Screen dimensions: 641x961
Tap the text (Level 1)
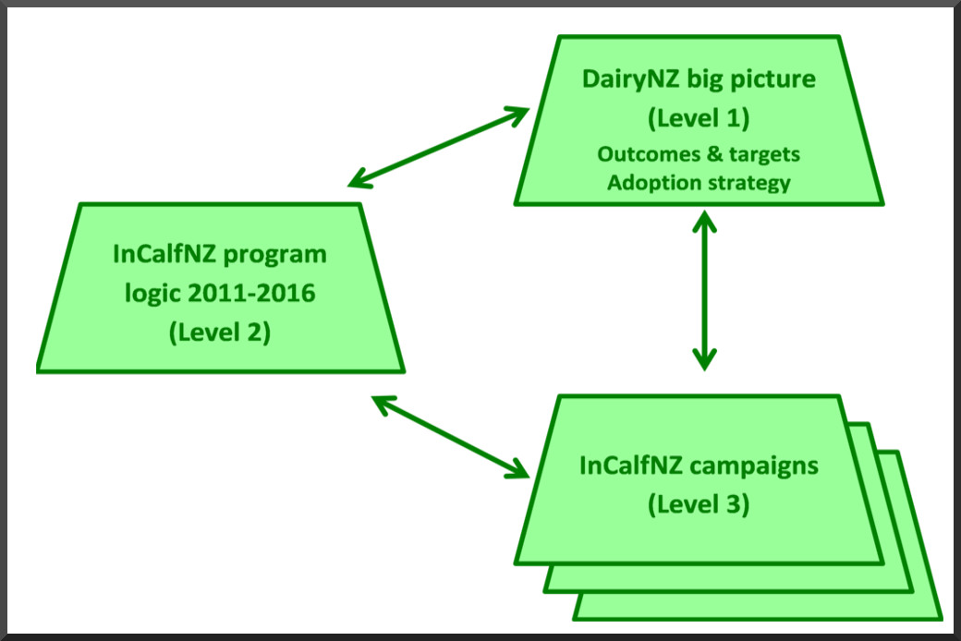[x=699, y=118]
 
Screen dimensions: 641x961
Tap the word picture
[x=772, y=80]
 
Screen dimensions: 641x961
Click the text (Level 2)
[x=220, y=333]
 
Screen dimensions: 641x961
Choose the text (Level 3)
[x=699, y=505]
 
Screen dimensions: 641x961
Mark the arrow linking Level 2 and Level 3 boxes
[x=449, y=437]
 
